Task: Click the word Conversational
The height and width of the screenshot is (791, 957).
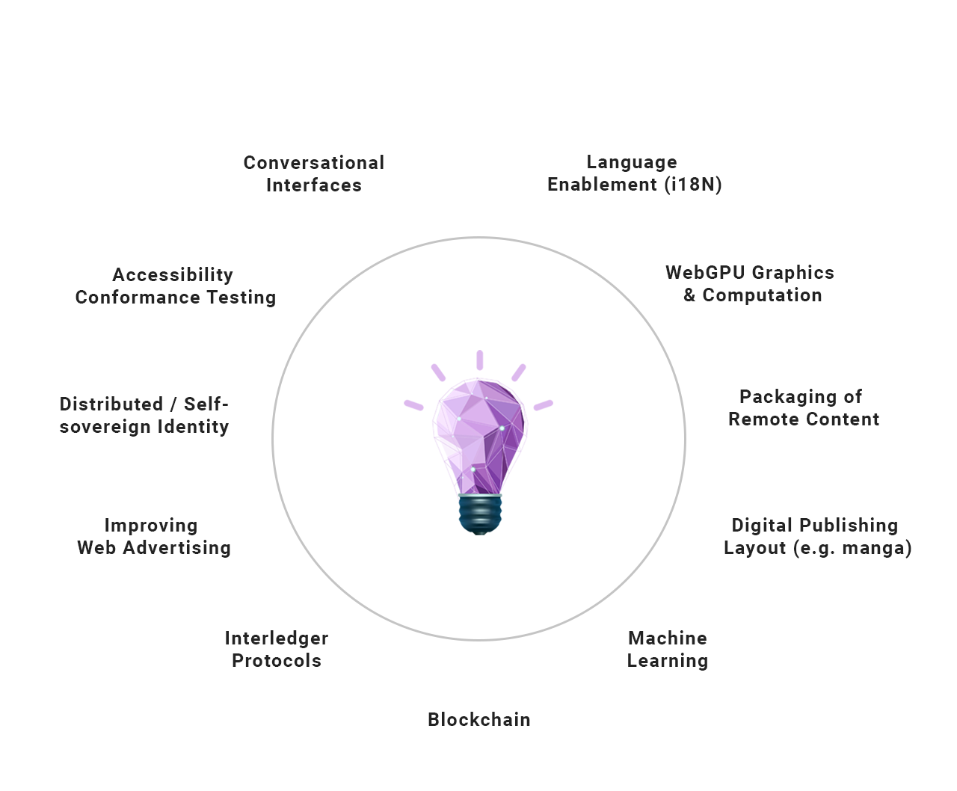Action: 314,163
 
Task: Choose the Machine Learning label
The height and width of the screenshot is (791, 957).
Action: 668,649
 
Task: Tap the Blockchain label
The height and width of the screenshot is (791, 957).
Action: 479,720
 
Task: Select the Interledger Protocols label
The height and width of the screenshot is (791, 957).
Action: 277,649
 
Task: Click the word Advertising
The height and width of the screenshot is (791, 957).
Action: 177,548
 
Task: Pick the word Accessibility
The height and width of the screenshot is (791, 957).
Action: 173,275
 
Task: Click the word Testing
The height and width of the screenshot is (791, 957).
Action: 241,298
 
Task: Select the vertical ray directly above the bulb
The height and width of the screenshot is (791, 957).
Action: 479,360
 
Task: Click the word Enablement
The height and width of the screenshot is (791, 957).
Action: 602,185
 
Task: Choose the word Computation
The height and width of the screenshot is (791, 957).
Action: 762,295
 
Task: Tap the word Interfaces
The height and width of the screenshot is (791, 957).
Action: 314,185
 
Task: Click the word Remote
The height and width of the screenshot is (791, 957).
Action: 763,419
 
